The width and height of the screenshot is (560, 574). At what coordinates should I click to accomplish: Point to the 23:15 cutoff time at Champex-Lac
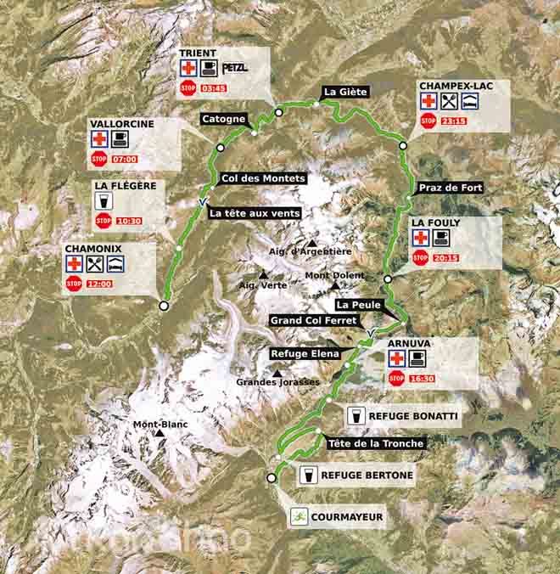coord(454,121)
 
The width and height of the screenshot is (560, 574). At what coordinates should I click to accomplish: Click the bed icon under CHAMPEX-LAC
coord(469,102)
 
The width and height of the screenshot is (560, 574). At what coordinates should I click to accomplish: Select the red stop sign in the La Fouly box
coord(420,258)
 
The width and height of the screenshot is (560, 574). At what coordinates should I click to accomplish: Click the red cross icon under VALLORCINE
coord(99,139)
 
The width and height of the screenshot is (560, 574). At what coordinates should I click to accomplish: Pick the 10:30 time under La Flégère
coord(129,221)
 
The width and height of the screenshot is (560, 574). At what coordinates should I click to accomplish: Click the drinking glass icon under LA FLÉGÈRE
coord(104,201)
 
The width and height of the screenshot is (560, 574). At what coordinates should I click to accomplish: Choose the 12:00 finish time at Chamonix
coord(98,284)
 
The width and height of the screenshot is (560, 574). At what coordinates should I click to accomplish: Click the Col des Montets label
coord(262,178)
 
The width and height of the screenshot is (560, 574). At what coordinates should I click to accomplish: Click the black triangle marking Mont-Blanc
coord(160,434)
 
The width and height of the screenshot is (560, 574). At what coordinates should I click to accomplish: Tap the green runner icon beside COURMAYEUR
coord(299,515)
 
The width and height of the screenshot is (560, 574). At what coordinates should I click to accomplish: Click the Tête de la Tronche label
coord(374,443)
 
